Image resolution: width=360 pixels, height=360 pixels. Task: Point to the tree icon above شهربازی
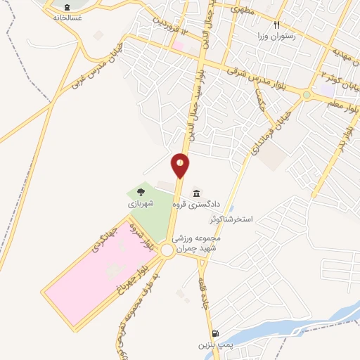[141, 191]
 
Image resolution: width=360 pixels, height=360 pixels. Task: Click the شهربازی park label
[141, 202]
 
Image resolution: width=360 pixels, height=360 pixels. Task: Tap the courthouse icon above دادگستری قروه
[195, 193]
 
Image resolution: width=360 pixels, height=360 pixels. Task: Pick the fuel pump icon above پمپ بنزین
[214, 334]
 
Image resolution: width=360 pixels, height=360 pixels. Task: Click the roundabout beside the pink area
[167, 250]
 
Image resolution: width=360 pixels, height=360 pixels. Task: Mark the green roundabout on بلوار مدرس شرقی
[307, 95]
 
